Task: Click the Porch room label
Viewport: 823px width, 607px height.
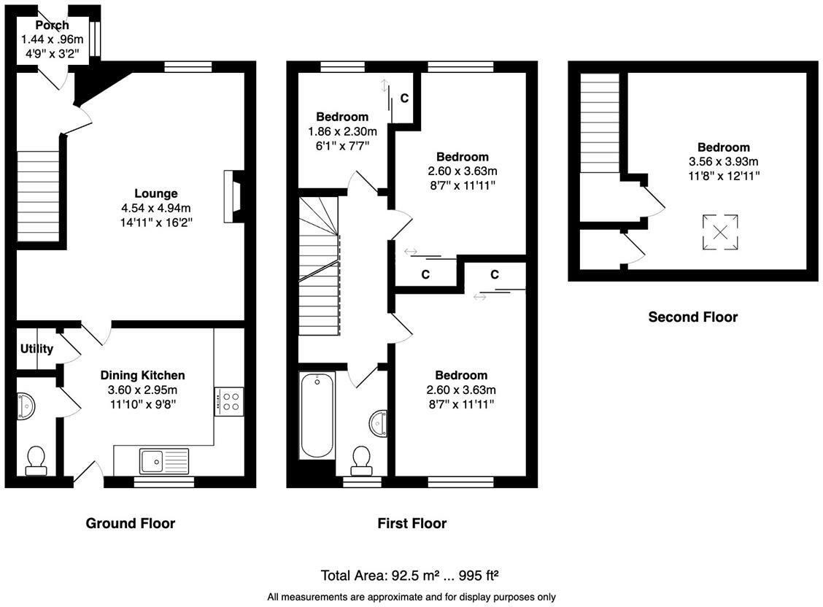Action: [x=52, y=25]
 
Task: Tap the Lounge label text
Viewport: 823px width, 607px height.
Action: [x=156, y=193]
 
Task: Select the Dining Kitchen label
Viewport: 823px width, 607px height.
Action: [x=142, y=376]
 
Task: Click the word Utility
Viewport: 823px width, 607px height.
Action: [x=36, y=349]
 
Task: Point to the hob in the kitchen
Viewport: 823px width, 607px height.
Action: [x=229, y=401]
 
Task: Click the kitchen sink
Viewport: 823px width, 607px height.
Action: [x=163, y=461]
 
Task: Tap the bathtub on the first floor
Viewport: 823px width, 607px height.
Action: [x=317, y=415]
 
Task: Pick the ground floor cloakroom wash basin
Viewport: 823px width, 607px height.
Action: [x=26, y=407]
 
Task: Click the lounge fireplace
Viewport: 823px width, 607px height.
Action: [x=233, y=196]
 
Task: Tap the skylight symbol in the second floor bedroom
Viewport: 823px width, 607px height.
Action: [x=720, y=232]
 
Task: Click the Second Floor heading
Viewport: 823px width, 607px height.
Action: [x=693, y=317]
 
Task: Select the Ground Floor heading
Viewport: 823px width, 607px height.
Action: [x=130, y=523]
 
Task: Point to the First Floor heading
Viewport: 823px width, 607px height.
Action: [x=412, y=523]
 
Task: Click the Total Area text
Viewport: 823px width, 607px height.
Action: [x=409, y=576]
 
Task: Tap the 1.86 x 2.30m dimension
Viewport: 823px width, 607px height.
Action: [x=342, y=131]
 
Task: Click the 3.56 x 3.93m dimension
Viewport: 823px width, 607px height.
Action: [x=723, y=161]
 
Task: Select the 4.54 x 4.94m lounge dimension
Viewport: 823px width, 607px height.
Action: [x=156, y=208]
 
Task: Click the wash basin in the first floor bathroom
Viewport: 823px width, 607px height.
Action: [x=379, y=423]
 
